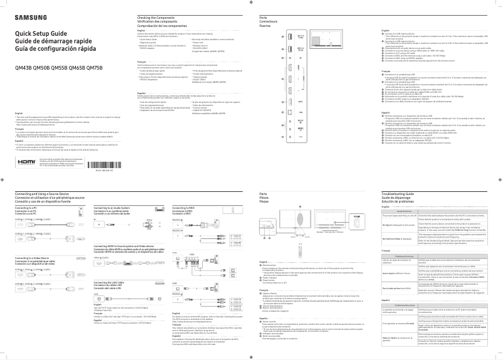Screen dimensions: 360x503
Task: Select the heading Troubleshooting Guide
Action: click(x=402, y=196)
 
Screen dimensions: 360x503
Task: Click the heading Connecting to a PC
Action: click(x=26, y=208)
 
